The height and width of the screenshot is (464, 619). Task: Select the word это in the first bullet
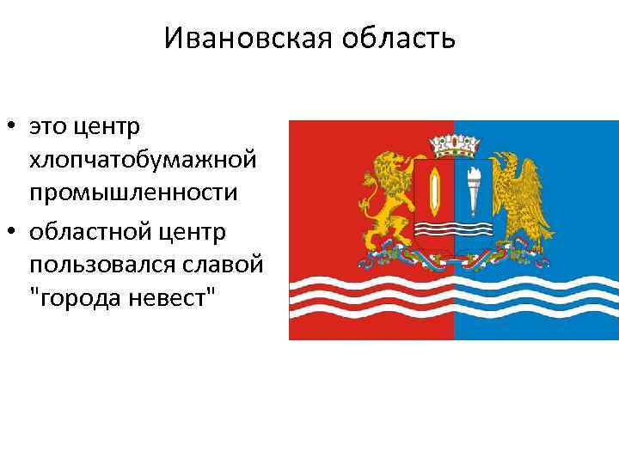(x=48, y=128)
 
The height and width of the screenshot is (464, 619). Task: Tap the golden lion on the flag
(x=388, y=198)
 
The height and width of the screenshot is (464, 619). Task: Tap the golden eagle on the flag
(x=519, y=197)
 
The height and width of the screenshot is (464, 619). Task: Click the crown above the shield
(x=454, y=140)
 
